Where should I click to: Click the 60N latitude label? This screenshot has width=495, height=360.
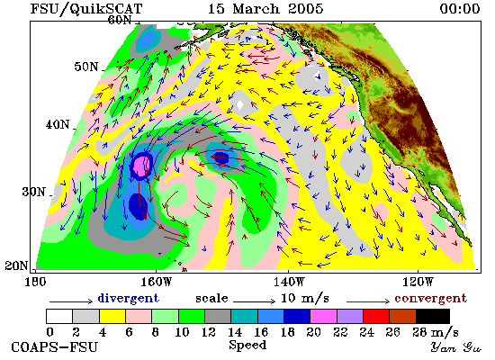tap(120, 20)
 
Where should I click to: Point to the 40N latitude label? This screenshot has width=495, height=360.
tap(58, 124)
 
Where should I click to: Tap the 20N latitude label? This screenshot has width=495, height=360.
tap(16, 265)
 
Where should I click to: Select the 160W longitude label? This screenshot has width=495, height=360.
tap(157, 282)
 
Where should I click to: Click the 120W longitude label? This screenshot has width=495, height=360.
tap(418, 282)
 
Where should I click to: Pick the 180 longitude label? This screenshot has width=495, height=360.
tap(35, 282)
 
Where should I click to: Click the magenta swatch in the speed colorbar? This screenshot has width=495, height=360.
tap(323, 317)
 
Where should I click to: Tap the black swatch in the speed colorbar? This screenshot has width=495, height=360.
tap(433, 317)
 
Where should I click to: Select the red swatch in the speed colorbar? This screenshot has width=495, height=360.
tap(376, 317)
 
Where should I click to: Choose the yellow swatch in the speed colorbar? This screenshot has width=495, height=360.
tap(112, 317)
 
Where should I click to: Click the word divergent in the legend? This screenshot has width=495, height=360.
tap(128, 298)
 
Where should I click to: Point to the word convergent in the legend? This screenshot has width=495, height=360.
tap(430, 298)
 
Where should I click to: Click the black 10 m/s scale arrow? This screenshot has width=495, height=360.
tap(255, 301)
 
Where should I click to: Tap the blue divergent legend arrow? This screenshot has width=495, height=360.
tap(71, 301)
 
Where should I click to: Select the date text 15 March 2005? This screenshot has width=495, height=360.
tap(265, 8)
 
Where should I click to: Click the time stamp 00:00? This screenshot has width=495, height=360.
tap(460, 8)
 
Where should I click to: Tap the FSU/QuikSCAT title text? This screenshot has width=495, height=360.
tap(86, 9)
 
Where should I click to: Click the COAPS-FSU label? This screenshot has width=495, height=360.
tap(55, 346)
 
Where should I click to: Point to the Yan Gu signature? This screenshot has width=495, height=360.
tap(456, 347)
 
